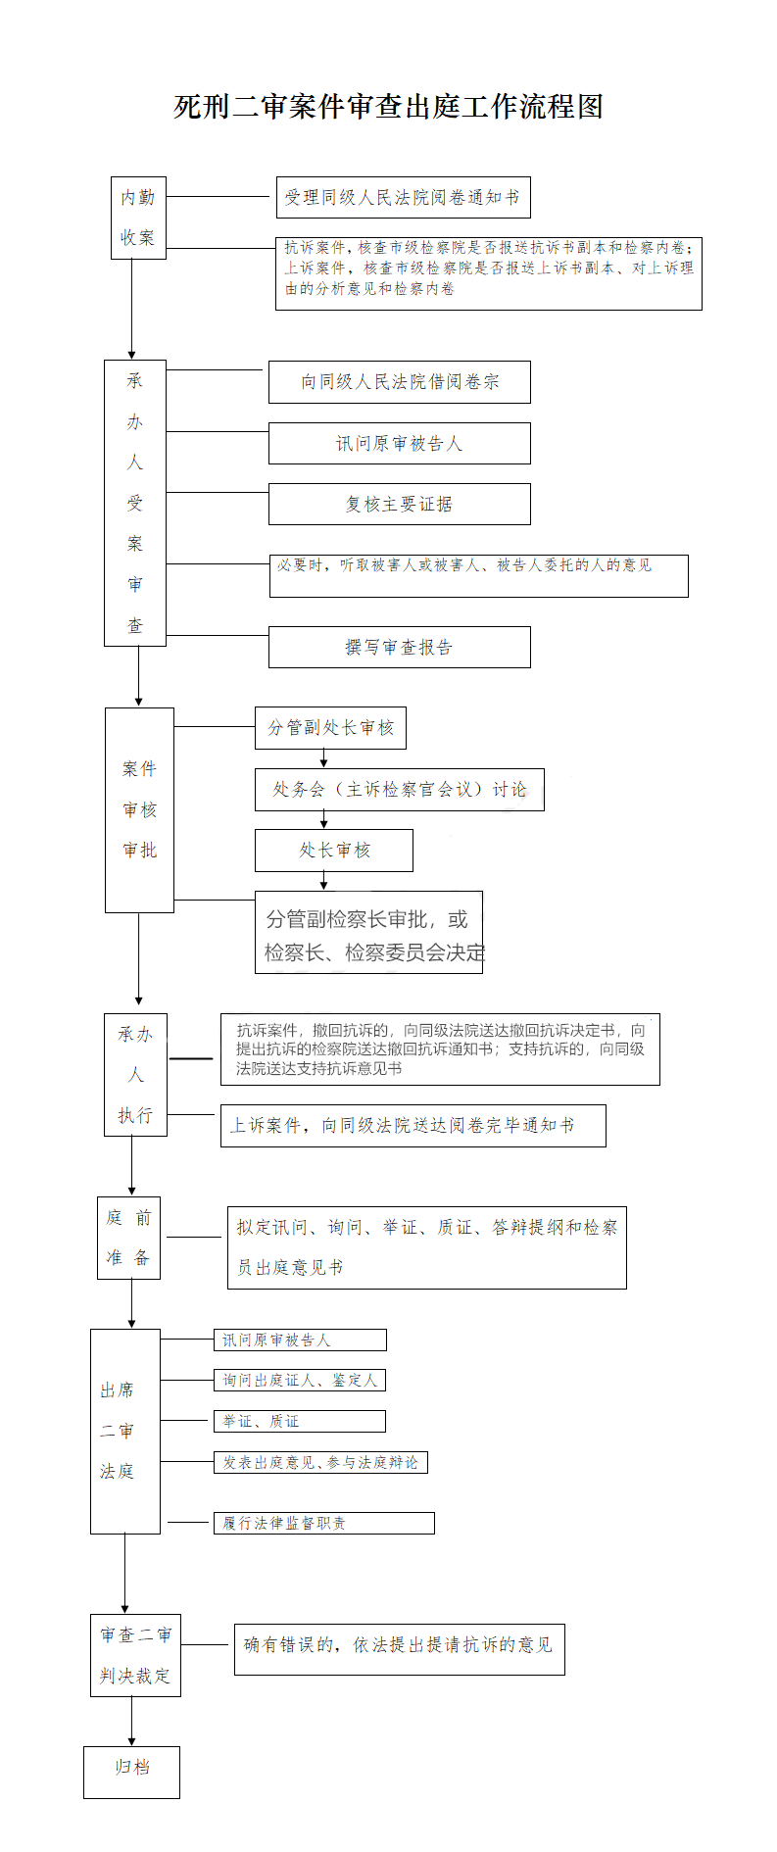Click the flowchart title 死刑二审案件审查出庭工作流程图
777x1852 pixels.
tap(388, 106)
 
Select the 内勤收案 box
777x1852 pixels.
tap(138, 218)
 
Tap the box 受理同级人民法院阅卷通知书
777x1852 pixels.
tap(402, 197)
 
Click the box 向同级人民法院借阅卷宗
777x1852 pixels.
tap(399, 382)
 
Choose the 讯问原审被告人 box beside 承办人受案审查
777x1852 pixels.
tap(399, 444)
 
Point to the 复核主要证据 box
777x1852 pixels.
tap(399, 504)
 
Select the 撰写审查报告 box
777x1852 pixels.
tap(399, 647)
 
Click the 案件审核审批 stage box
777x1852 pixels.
tap(139, 810)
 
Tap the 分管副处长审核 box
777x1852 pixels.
tap(330, 727)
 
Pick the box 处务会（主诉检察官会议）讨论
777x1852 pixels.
tap(399, 790)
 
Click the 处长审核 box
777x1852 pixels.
tap(333, 851)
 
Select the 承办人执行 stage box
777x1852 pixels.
tap(135, 1075)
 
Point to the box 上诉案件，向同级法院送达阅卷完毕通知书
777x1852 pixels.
tap(413, 1126)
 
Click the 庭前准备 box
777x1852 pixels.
tap(128, 1238)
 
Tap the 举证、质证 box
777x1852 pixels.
tap(299, 1421)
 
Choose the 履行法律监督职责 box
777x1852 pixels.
tap(323, 1523)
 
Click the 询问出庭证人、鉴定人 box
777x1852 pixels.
tap(299, 1380)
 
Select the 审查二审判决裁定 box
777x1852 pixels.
tap(135, 1655)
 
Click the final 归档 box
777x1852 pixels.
tap(131, 1772)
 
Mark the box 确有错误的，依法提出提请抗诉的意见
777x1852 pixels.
tap(399, 1649)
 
